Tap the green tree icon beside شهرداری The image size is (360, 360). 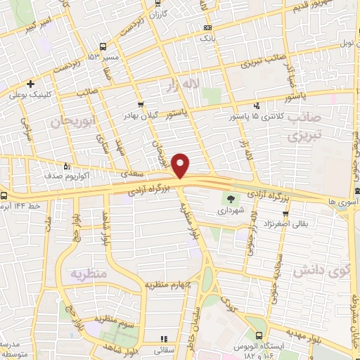pyautogui.click(x=230, y=200)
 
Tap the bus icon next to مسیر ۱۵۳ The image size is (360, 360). pyautogui.click(x=103, y=46)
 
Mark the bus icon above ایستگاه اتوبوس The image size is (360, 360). pyautogui.click(x=259, y=336)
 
